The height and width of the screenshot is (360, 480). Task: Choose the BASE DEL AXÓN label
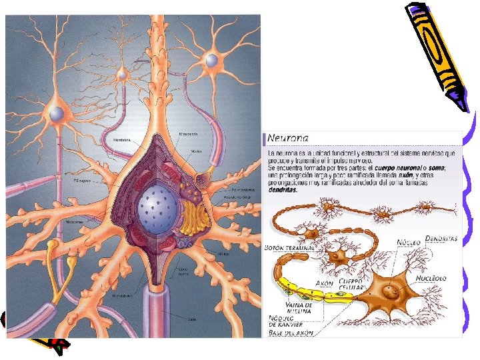[291, 333]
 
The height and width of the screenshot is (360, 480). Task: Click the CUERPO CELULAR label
[351, 286]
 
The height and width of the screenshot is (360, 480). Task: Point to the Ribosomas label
[75, 222]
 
